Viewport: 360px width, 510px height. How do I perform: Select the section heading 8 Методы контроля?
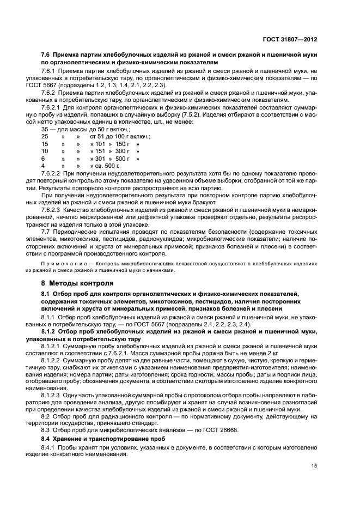78,283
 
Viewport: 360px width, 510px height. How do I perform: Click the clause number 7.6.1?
51,71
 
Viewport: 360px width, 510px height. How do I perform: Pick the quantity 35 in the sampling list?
45,130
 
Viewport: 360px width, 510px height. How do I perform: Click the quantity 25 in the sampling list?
45,136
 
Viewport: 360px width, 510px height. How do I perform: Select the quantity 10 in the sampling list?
45,151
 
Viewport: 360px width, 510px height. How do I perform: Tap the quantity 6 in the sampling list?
43,158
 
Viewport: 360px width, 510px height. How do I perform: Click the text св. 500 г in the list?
101,165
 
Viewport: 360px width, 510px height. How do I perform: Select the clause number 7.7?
47,230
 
